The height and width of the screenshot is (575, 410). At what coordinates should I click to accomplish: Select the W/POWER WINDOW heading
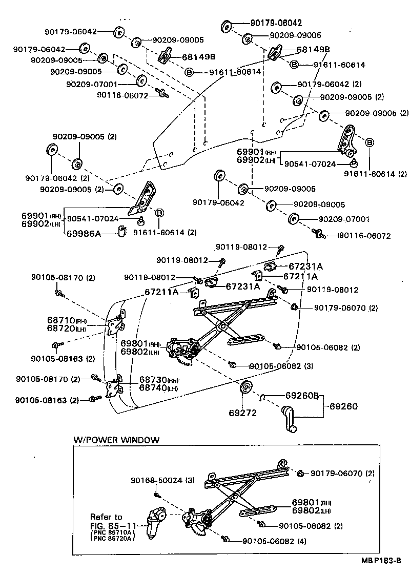click(x=116, y=440)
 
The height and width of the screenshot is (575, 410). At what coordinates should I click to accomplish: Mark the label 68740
click(x=152, y=387)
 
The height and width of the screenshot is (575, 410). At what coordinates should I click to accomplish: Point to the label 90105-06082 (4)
click(x=274, y=541)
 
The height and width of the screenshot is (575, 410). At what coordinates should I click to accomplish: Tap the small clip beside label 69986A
click(x=122, y=232)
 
